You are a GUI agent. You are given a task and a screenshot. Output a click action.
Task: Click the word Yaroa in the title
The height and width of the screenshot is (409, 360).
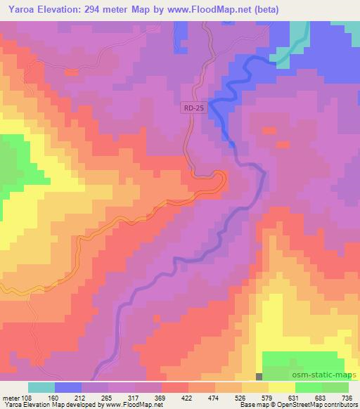[22, 9]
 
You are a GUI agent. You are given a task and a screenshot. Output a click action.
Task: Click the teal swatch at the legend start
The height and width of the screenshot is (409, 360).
[41, 387]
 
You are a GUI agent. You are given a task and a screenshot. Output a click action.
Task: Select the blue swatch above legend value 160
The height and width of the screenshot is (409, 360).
[68, 387]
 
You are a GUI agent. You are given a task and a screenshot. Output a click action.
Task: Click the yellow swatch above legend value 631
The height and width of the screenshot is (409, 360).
[281, 387]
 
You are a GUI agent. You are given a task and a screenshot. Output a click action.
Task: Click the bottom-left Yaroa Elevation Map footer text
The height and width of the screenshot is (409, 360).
[84, 404]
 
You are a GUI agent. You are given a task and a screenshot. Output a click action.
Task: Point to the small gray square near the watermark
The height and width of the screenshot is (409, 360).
[259, 376]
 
